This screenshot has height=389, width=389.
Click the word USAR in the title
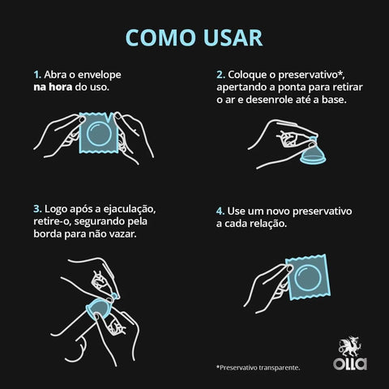[x=231, y=38]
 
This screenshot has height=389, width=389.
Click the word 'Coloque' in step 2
[x=250, y=72]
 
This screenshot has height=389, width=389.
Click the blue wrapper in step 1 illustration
[x=96, y=134]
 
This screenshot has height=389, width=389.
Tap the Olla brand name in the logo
[x=349, y=364]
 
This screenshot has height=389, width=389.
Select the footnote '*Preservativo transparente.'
[x=258, y=367]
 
